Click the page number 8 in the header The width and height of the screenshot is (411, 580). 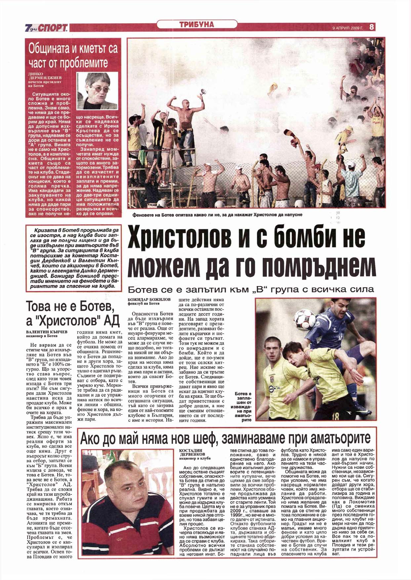click(x=372, y=27)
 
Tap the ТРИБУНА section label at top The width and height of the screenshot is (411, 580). click(x=197, y=24)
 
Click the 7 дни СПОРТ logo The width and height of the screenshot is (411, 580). click(x=46, y=28)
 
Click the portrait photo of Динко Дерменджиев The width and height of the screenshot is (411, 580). click(x=97, y=91)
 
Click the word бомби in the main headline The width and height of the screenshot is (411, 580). click(x=309, y=238)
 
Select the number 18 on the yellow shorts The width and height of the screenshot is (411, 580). click(x=335, y=416)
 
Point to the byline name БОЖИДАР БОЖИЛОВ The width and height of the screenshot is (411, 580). click(x=149, y=299)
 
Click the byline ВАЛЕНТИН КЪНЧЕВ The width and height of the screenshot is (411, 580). click(x=47, y=331)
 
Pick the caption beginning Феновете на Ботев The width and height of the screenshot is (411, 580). click(x=217, y=215)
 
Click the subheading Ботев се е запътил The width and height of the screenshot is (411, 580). click(x=251, y=290)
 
